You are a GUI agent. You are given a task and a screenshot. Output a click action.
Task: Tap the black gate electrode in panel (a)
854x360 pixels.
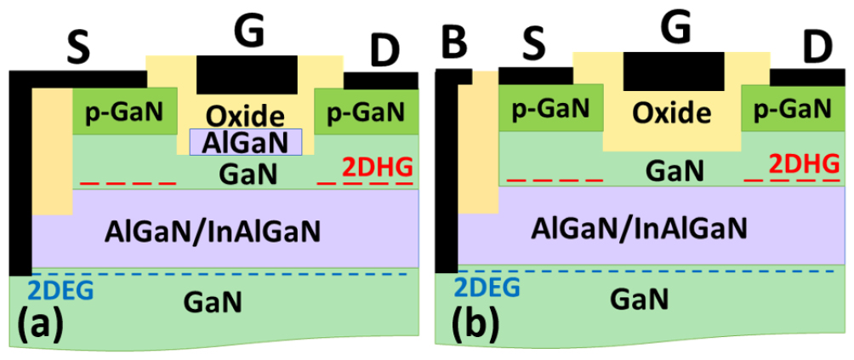[247, 75]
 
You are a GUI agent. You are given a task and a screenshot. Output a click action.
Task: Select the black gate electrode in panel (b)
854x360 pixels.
[674, 71]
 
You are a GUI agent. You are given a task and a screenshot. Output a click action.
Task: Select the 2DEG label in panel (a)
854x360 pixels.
[60, 290]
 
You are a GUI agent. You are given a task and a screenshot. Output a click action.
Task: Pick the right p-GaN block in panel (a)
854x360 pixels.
[367, 111]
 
